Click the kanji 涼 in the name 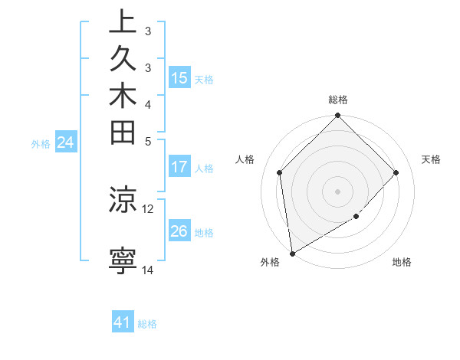(123, 199)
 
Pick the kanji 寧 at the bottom (123, 260)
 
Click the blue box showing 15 (179, 77)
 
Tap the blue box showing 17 (179, 166)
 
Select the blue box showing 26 (179, 231)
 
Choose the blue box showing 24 (66, 142)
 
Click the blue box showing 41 (123, 322)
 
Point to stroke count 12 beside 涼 (148, 208)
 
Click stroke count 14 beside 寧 (148, 270)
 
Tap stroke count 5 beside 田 (148, 141)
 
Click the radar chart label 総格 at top (338, 100)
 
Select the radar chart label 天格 (432, 159)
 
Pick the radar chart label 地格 (402, 263)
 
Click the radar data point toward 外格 (292, 254)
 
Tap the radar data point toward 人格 (280, 172)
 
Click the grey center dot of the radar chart (338, 191)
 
